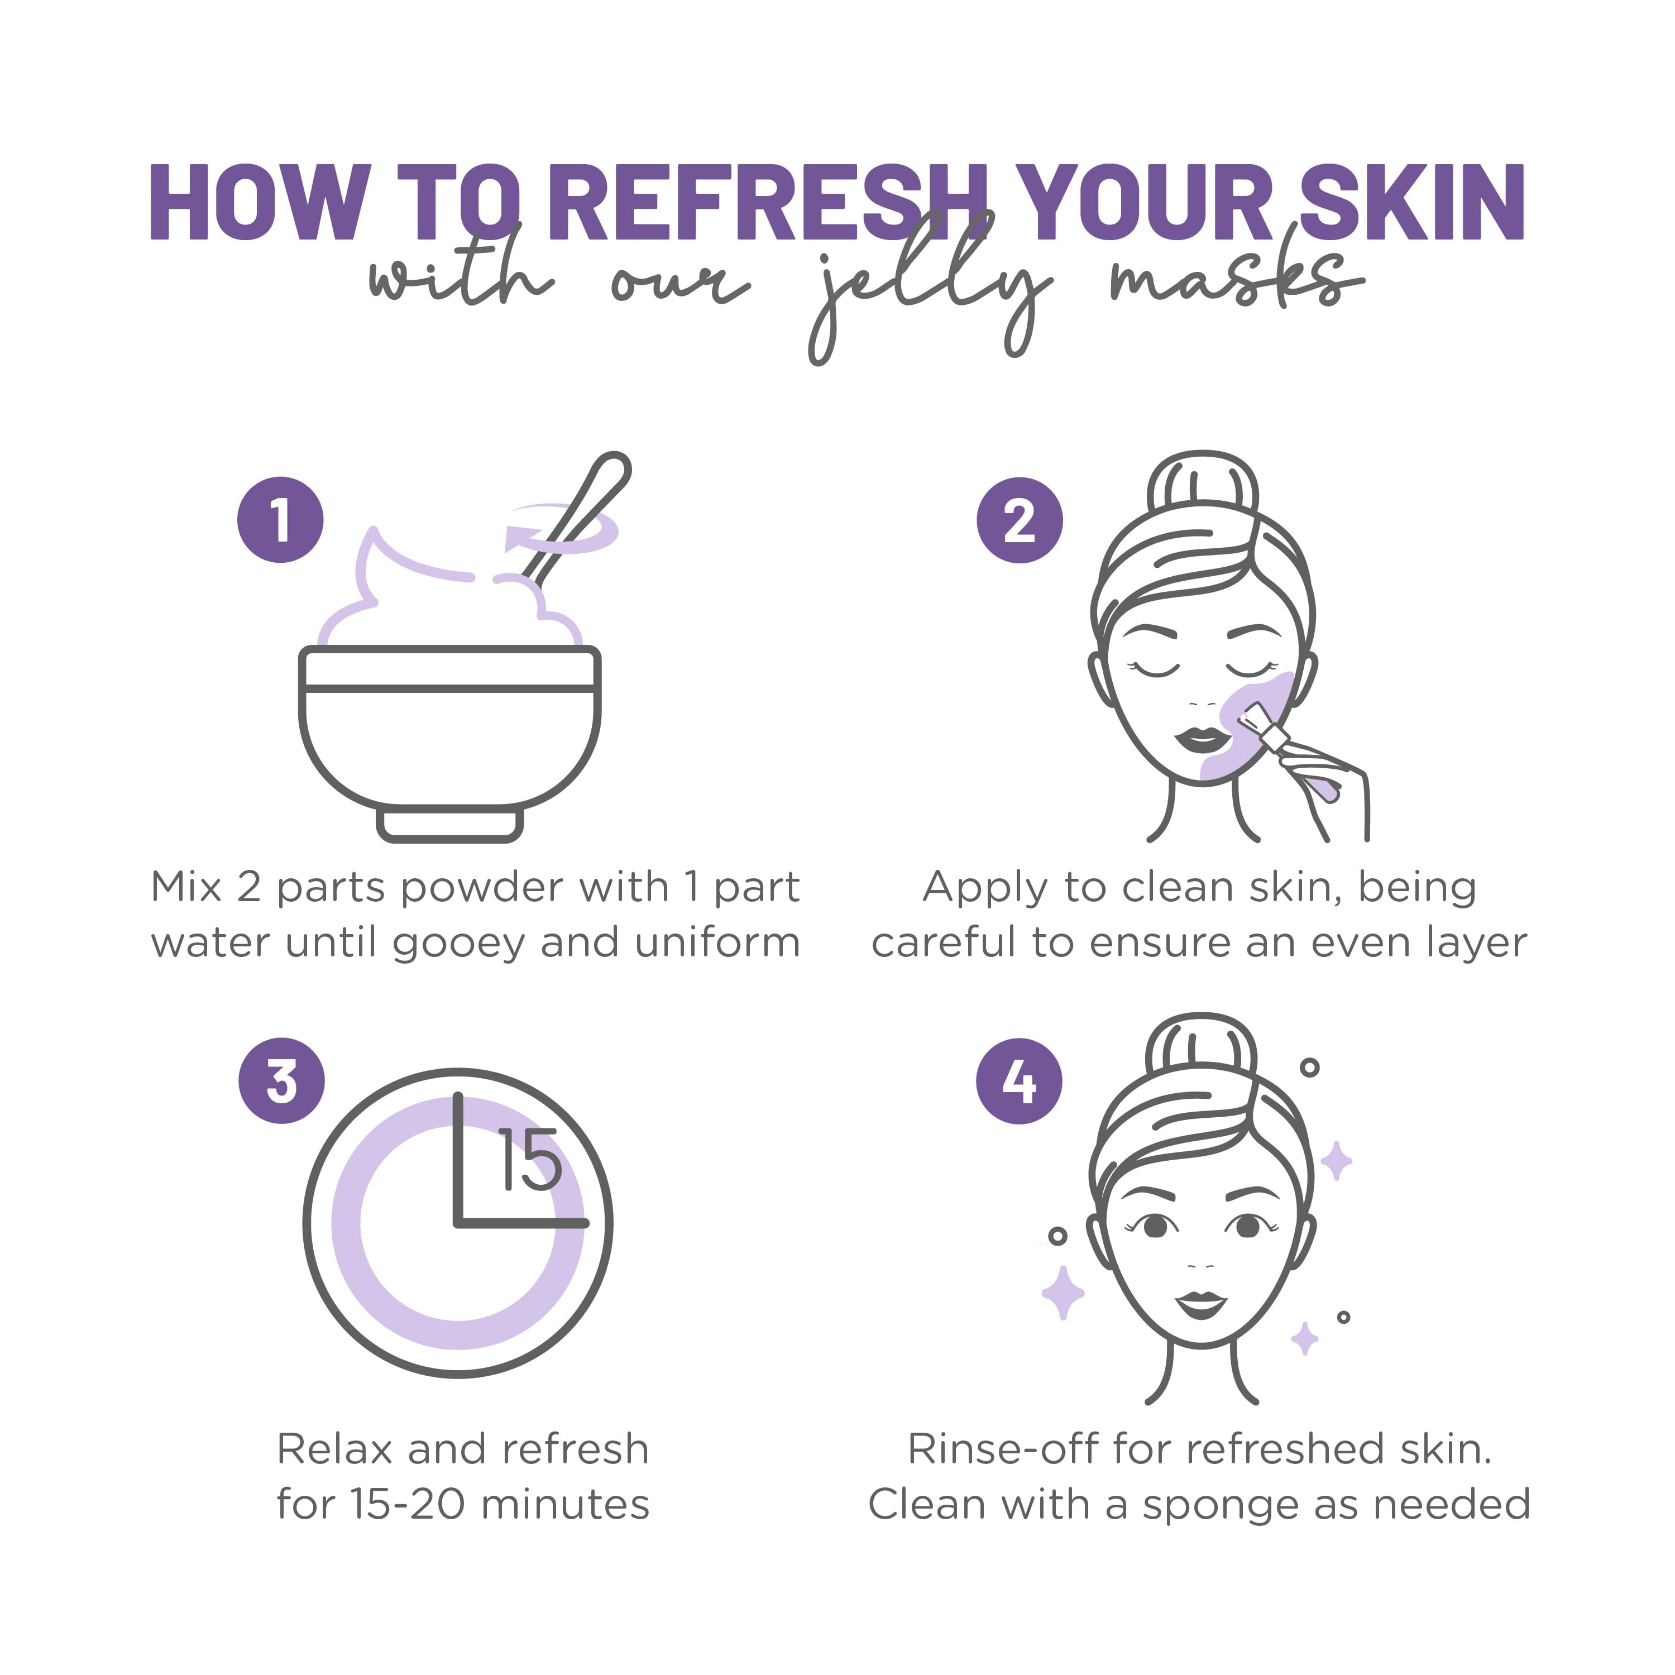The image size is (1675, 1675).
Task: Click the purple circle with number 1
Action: click(x=280, y=520)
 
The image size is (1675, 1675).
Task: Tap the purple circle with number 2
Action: click(x=1020, y=520)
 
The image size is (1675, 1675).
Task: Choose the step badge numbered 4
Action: click(x=1020, y=1081)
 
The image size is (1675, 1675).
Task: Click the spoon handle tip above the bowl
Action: click(x=613, y=470)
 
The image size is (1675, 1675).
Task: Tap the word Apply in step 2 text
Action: click(x=986, y=888)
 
